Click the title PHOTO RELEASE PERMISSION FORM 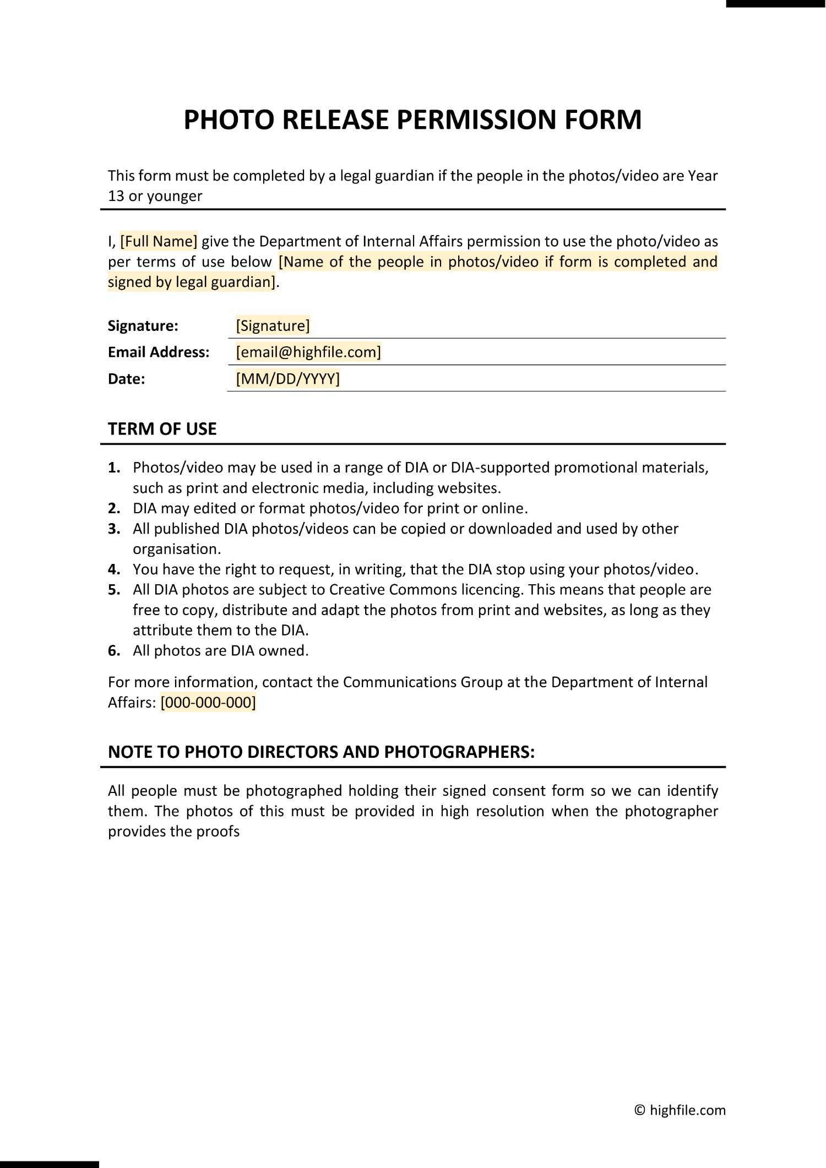[x=412, y=119]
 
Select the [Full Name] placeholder [x=159, y=241]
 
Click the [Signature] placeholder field [x=273, y=325]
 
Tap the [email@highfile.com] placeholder [x=308, y=352]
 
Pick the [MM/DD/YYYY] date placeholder [x=287, y=379]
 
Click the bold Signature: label [x=143, y=326]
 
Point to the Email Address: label [x=159, y=352]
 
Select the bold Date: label [x=126, y=379]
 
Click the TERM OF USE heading [x=162, y=429]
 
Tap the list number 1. [x=113, y=468]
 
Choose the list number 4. [x=113, y=569]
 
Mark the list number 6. [x=113, y=651]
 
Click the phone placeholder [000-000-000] [x=208, y=703]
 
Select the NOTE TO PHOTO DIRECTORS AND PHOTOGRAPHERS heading [x=321, y=752]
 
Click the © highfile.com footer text [x=680, y=1110]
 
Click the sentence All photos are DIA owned [x=220, y=651]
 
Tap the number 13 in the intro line [x=116, y=196]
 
